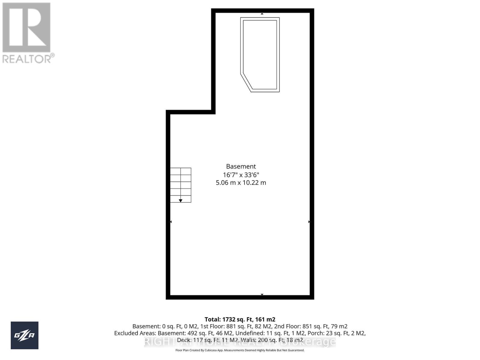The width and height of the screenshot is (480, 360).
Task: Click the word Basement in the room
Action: (x=241, y=166)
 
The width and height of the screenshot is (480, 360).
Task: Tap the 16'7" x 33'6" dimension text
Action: (x=241, y=175)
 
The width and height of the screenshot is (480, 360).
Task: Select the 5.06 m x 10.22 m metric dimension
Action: (x=241, y=183)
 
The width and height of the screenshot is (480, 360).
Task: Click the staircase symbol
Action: (x=181, y=185)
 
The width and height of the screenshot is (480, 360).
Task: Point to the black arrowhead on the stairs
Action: (x=181, y=200)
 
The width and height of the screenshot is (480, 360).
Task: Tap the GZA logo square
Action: (x=25, y=335)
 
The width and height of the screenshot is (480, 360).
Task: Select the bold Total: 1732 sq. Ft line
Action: (x=240, y=319)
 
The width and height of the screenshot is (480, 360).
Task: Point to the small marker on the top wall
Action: (x=262, y=14)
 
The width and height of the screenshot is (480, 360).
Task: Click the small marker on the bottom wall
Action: (x=262, y=295)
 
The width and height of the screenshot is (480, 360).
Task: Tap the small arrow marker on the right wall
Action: (x=309, y=222)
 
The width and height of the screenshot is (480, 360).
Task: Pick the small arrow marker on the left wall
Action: (x=171, y=222)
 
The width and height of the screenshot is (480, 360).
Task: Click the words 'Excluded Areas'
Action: (x=135, y=333)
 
